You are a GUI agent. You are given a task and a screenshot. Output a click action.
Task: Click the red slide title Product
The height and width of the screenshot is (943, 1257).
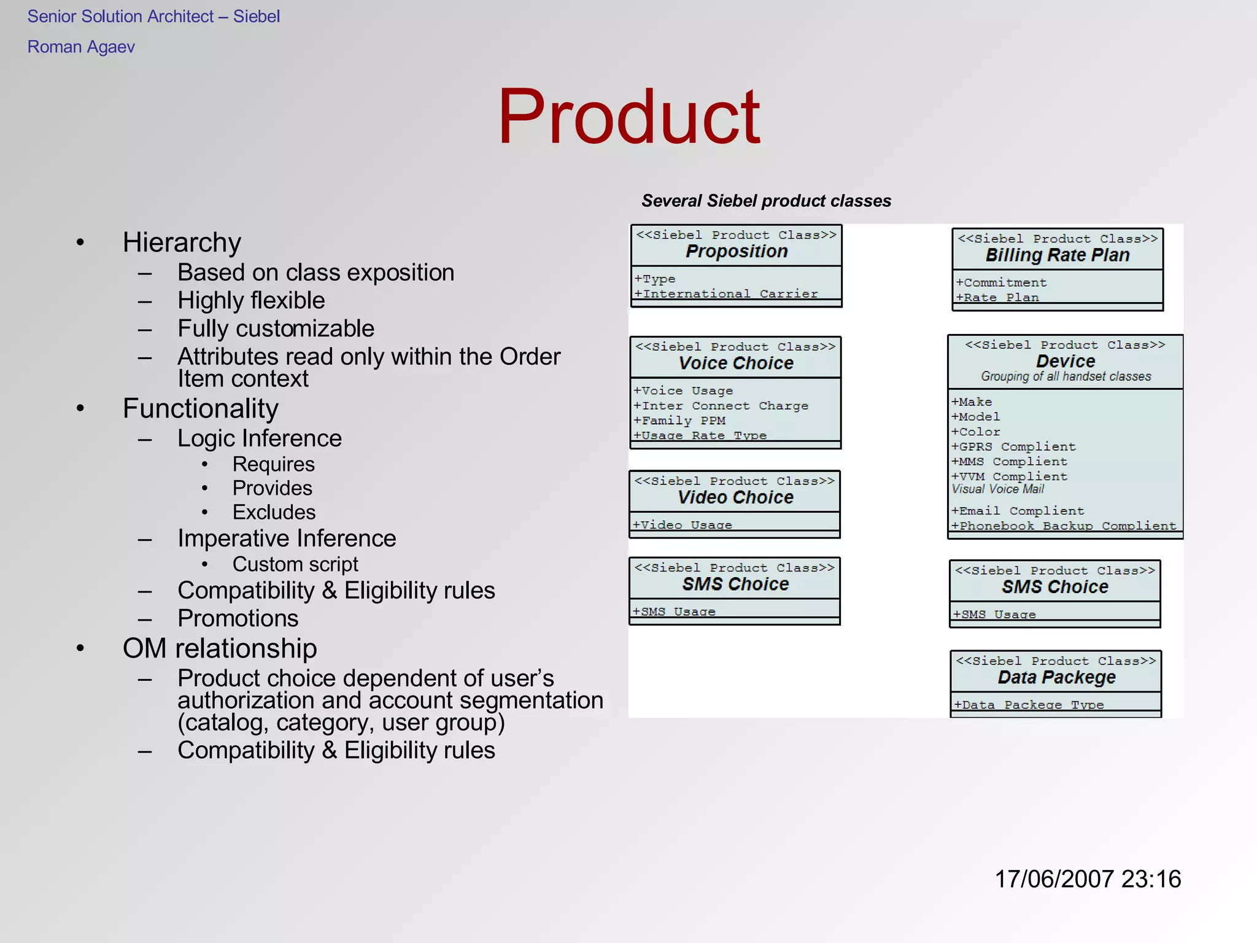click(x=628, y=117)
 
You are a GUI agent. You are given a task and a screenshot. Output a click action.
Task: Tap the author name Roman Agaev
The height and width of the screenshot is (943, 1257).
click(x=81, y=47)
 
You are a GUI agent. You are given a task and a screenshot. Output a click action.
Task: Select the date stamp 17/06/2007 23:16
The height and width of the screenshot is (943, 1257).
click(x=1087, y=879)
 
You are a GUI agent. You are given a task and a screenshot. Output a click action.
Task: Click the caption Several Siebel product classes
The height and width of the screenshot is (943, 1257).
click(x=766, y=201)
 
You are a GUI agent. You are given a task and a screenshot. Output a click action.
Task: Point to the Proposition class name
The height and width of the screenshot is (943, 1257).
click(x=737, y=251)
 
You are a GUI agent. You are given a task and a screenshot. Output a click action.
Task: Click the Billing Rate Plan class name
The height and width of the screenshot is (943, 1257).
click(x=1057, y=255)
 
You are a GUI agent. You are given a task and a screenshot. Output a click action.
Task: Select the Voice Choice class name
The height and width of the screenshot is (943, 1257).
click(x=735, y=363)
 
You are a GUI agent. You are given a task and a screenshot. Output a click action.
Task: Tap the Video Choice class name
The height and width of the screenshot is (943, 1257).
click(x=735, y=497)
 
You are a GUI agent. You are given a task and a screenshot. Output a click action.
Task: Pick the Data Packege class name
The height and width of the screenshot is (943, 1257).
click(x=1056, y=677)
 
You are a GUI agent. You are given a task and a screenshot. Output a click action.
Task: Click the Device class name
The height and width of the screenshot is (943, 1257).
click(x=1066, y=361)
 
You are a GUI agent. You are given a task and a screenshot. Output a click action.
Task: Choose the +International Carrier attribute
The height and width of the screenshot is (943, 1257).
click(x=725, y=293)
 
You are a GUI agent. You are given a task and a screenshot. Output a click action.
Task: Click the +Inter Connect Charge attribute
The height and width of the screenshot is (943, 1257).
click(x=721, y=406)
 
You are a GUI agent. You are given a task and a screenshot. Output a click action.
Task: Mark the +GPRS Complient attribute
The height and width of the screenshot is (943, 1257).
click(x=1013, y=446)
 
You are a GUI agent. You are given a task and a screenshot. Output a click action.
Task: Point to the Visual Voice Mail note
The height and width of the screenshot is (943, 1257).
click(x=997, y=489)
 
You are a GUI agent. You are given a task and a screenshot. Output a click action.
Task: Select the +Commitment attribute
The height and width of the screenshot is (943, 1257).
click(x=1001, y=282)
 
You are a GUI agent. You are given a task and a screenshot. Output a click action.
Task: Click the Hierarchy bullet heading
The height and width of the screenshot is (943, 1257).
click(x=182, y=243)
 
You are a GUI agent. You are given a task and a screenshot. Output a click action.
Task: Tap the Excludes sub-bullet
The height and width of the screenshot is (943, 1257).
click(x=274, y=512)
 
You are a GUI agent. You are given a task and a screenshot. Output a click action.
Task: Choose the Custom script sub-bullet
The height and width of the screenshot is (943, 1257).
click(x=295, y=564)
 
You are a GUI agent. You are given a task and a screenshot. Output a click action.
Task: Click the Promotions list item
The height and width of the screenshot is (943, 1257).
click(x=238, y=618)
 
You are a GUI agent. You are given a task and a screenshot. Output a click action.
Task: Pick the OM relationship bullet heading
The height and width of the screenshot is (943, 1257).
click(x=220, y=648)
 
